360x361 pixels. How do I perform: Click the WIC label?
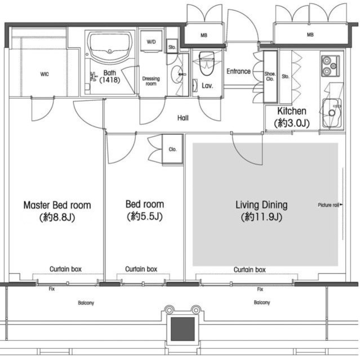45,74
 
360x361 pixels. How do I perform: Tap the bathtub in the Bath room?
110,47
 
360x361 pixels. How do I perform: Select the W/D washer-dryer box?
151,42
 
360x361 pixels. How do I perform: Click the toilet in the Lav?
207,63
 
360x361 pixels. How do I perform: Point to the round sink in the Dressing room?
177,74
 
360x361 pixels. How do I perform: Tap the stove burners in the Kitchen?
330,66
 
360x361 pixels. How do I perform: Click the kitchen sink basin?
332,113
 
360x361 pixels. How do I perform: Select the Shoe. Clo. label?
270,77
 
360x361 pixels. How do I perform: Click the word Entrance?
238,72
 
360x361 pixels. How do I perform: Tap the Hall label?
183,118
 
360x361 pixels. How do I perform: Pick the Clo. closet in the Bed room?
172,149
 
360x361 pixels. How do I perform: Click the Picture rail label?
328,205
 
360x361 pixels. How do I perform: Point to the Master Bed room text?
57,205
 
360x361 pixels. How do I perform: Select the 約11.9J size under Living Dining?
261,217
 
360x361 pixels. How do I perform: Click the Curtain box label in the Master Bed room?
65,268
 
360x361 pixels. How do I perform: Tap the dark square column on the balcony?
183,329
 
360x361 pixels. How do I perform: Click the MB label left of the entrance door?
204,35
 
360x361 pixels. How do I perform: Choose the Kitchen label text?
292,111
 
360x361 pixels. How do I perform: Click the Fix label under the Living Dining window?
260,289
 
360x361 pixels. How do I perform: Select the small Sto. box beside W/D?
172,47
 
